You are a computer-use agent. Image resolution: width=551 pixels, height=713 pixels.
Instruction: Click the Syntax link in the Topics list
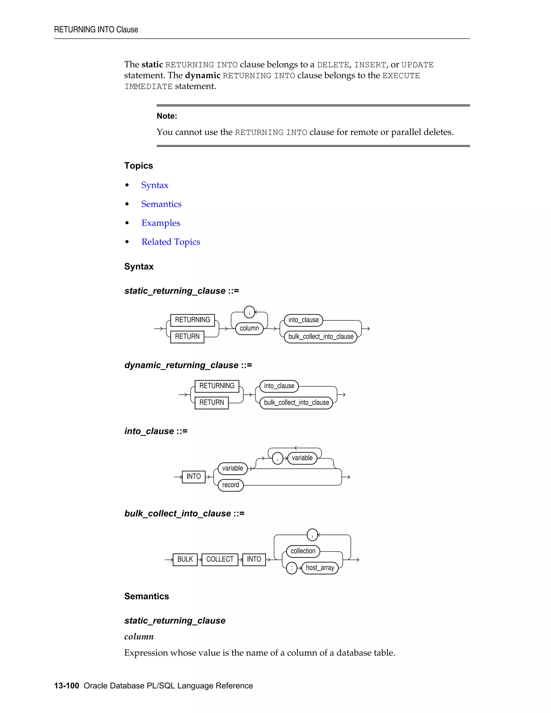tap(155, 185)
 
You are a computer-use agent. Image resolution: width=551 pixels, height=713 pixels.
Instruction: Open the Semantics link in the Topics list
tap(161, 204)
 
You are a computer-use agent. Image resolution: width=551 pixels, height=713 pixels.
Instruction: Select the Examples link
tap(161, 223)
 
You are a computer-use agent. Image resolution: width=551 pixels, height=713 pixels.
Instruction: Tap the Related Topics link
tap(171, 242)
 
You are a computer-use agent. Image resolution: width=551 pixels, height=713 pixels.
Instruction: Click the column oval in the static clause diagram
tap(249, 328)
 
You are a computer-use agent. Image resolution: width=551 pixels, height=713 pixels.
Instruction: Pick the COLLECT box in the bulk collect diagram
tap(220, 559)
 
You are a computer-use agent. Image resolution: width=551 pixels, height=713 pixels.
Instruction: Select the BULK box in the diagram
tap(185, 559)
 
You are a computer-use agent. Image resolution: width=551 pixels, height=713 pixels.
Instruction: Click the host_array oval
tap(320, 568)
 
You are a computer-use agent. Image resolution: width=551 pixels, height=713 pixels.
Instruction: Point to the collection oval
tap(303, 551)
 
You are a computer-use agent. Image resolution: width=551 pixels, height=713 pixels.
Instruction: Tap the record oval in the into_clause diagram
tap(231, 485)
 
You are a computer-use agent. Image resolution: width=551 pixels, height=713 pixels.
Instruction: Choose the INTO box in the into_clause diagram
tap(193, 477)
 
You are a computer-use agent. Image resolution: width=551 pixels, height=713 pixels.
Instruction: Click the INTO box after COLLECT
tap(254, 559)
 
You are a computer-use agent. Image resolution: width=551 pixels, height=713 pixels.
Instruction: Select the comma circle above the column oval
tap(249, 312)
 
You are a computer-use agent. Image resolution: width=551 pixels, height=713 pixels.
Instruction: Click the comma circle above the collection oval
tap(312, 535)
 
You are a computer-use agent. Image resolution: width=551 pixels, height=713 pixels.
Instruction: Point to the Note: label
tap(167, 116)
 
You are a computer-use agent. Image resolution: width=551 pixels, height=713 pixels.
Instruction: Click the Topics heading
tap(138, 165)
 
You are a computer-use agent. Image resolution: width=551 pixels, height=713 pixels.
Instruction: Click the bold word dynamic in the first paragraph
tap(202, 75)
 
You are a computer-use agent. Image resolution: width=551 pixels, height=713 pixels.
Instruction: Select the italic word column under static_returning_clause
tap(139, 637)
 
